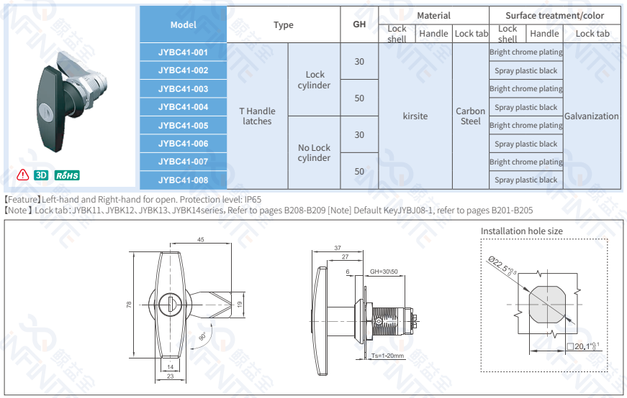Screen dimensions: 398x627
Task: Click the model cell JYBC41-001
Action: tap(183, 52)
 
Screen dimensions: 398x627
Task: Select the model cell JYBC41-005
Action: tap(183, 126)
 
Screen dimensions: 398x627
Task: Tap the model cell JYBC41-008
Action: tap(183, 180)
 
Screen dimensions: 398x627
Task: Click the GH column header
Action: tap(359, 24)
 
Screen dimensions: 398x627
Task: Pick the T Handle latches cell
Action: tap(257, 116)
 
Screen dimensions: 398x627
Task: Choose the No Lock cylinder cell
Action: tap(314, 153)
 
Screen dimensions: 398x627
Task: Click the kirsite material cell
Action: tap(415, 116)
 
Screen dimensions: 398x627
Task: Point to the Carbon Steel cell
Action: tap(471, 116)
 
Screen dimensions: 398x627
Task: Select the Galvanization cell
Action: tap(592, 116)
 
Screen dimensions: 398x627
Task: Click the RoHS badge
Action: tap(68, 175)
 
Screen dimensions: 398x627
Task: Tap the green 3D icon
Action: tap(41, 175)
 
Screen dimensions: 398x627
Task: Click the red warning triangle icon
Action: tap(23, 175)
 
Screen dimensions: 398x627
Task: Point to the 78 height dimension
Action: tap(129, 305)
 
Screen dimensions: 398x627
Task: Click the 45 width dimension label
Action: tap(201, 239)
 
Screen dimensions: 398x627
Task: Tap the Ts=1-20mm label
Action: tap(389, 356)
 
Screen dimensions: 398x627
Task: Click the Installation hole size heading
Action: tap(522, 231)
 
